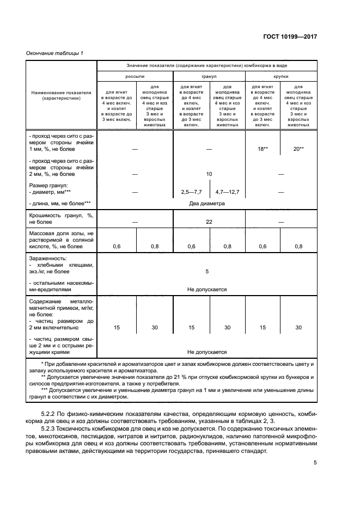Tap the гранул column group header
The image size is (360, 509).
209,77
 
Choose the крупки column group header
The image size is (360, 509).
281,77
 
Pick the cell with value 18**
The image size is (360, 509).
263,148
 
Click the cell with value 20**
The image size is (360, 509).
298,148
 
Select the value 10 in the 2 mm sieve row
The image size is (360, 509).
209,174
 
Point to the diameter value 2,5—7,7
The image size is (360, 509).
191,192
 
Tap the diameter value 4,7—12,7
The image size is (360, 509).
227,192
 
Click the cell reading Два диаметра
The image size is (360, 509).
208,204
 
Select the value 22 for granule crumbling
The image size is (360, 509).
209,222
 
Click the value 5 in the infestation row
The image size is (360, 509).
207,271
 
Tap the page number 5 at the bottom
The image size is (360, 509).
315,463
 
